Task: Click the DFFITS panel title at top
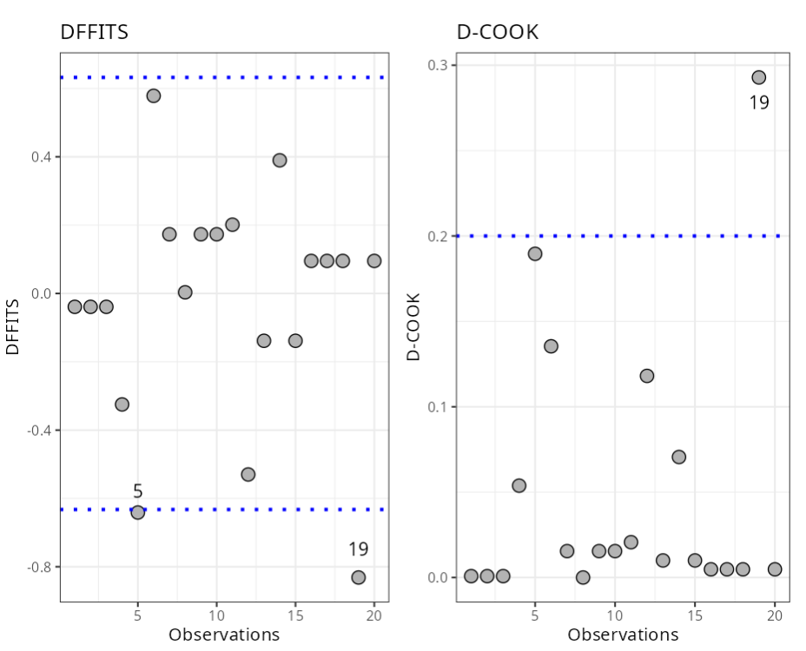(x=94, y=32)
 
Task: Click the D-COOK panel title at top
(x=498, y=32)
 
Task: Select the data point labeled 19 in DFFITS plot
(x=358, y=577)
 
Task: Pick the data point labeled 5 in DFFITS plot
(x=137, y=512)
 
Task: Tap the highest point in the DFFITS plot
(x=154, y=95)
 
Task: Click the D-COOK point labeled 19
(x=758, y=77)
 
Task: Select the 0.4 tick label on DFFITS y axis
(x=41, y=157)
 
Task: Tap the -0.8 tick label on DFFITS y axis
(x=39, y=567)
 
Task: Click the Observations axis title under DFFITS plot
(x=224, y=635)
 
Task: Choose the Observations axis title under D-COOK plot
(x=623, y=635)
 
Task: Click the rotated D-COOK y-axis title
(x=415, y=326)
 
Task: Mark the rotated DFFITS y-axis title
(x=13, y=326)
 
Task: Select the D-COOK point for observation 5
(x=535, y=253)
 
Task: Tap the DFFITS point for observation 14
(x=280, y=160)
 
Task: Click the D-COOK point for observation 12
(x=647, y=376)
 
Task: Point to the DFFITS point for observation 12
(x=248, y=474)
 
